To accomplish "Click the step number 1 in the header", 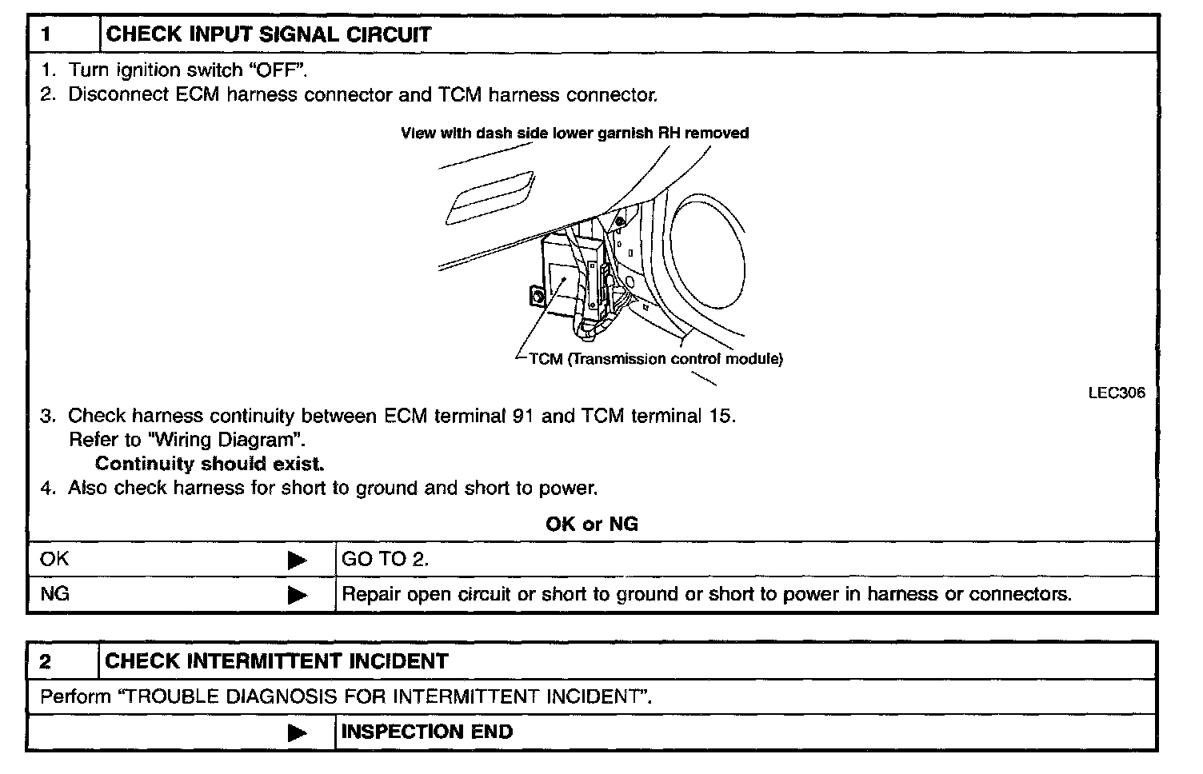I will coord(47,34).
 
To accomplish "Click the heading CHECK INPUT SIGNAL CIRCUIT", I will coord(269,34).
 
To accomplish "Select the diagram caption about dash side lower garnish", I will coord(574,134).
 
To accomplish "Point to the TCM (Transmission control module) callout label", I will coord(655,358).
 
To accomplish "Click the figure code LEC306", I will coord(1116,393).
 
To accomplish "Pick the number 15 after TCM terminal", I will coord(719,416).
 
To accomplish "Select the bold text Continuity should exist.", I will coord(210,464).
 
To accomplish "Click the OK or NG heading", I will coord(592,524).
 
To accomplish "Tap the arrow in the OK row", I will coord(297,560).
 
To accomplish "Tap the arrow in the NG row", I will coord(297,595).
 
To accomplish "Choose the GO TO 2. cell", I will coord(386,560).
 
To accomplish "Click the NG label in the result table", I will coord(54,594).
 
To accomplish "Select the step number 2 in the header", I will coord(46,661).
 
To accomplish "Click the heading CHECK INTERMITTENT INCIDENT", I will coord(277,661).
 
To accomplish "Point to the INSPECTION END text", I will coord(427,732).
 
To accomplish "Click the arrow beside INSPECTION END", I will coord(297,732).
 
